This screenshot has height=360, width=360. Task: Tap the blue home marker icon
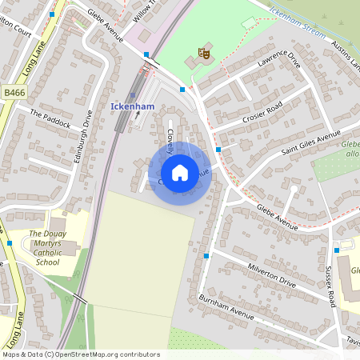(180, 173)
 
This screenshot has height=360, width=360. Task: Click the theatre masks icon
(202, 54)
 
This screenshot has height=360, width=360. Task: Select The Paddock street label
(50, 118)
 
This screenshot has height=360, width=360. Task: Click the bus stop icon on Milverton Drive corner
(206, 256)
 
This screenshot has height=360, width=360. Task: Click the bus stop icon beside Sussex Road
(337, 250)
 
